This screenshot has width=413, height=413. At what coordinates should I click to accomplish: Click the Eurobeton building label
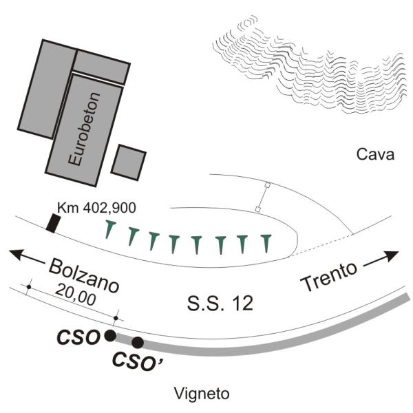click(x=84, y=129)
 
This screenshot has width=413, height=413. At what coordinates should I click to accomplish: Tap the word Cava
click(x=375, y=154)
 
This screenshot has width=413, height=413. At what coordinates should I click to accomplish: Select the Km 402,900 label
click(x=96, y=208)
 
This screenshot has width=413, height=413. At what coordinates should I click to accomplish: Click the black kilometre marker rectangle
click(x=54, y=224)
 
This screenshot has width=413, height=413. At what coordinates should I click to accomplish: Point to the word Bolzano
click(x=84, y=276)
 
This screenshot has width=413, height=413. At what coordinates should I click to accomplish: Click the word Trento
click(x=329, y=276)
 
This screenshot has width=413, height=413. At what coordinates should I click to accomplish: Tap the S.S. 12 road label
click(x=220, y=303)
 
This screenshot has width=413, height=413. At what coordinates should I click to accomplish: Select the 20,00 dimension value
click(x=76, y=295)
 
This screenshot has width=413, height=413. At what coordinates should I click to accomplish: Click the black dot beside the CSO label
click(x=110, y=336)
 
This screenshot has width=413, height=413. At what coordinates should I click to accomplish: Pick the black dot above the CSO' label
click(x=138, y=342)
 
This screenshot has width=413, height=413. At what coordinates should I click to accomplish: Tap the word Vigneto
click(x=202, y=394)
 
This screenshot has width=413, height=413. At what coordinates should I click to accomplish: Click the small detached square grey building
click(x=129, y=162)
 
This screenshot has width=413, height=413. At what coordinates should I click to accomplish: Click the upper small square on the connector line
click(x=267, y=185)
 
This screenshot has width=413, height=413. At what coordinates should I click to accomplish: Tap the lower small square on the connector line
click(x=258, y=209)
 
